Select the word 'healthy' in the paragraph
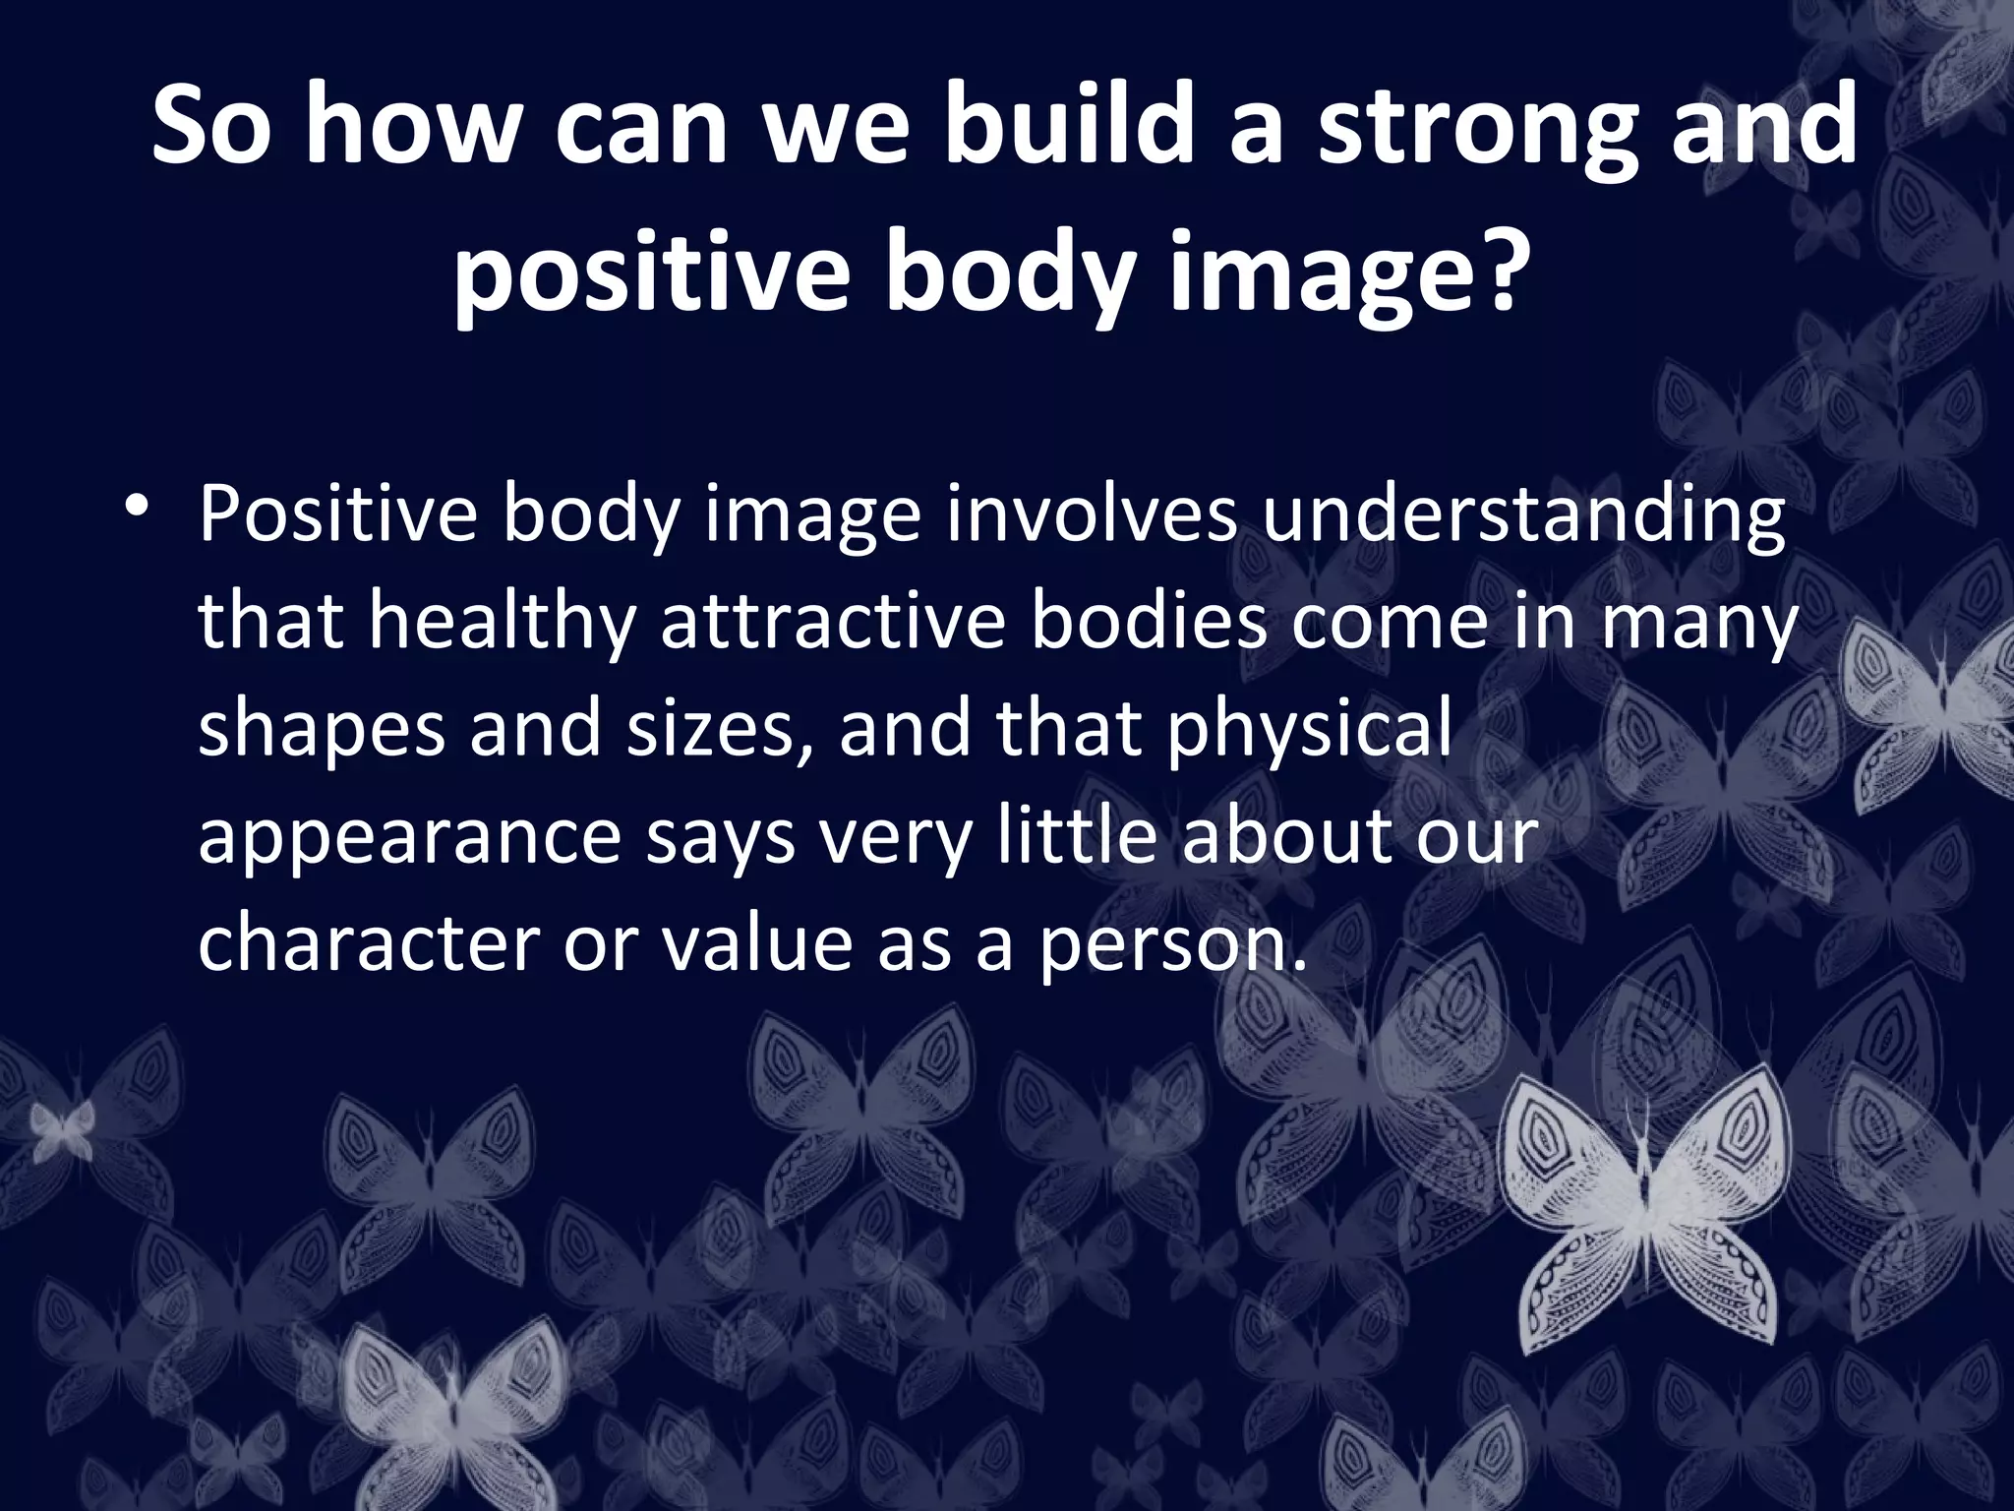[501, 625]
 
